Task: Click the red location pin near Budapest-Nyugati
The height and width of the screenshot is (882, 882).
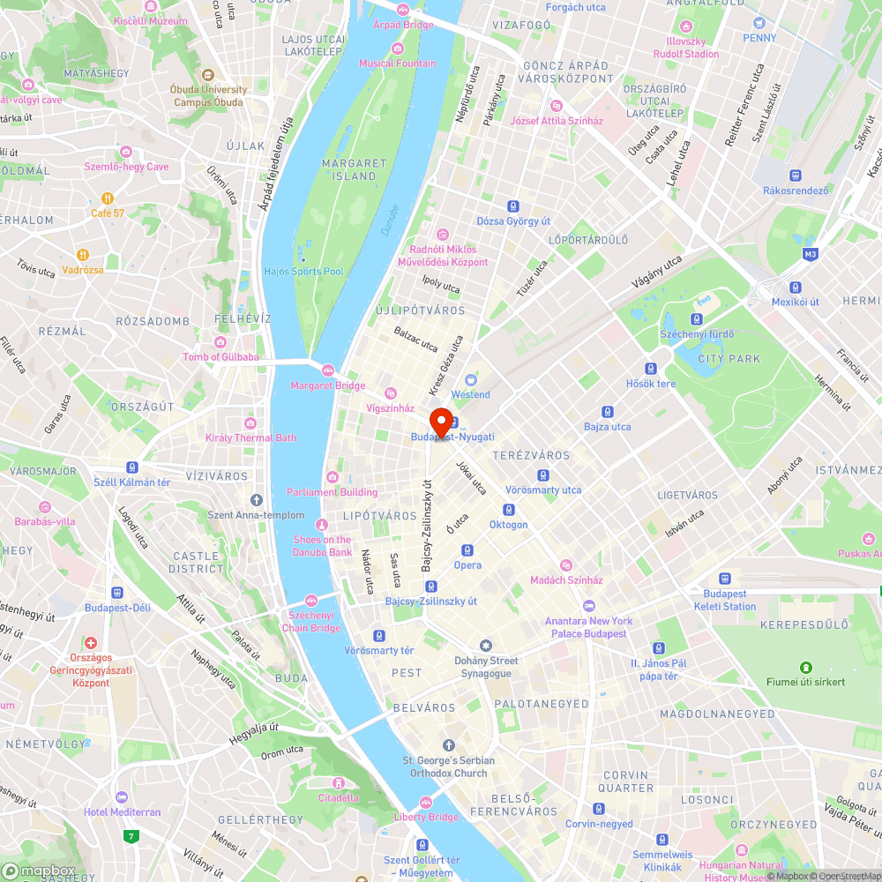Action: click(x=440, y=420)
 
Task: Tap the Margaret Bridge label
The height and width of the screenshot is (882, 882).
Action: click(x=327, y=385)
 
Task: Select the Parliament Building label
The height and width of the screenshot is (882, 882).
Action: click(x=332, y=492)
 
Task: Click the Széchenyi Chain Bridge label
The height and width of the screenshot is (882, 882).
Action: click(x=310, y=621)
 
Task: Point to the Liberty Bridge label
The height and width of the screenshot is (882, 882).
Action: click(x=426, y=817)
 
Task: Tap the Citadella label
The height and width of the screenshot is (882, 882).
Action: click(x=338, y=797)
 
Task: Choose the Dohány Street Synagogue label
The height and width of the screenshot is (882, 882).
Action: click(x=485, y=667)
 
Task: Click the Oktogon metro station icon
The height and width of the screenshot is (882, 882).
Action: click(x=508, y=510)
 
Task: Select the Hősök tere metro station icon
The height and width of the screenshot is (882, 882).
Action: click(x=651, y=369)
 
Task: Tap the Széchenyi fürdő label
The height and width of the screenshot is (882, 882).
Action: click(x=697, y=334)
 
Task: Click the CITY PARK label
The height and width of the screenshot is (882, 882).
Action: click(x=729, y=359)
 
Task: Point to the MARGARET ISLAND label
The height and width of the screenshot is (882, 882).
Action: click(x=355, y=169)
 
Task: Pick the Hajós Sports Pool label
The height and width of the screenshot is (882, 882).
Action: click(x=303, y=271)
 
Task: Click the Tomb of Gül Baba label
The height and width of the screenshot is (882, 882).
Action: click(x=220, y=356)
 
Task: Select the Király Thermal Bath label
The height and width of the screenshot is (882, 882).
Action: click(x=250, y=437)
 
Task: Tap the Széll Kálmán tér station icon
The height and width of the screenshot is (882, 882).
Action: click(x=132, y=467)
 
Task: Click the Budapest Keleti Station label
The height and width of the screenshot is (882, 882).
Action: click(x=724, y=600)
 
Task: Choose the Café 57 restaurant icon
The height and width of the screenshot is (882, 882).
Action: click(x=108, y=198)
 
